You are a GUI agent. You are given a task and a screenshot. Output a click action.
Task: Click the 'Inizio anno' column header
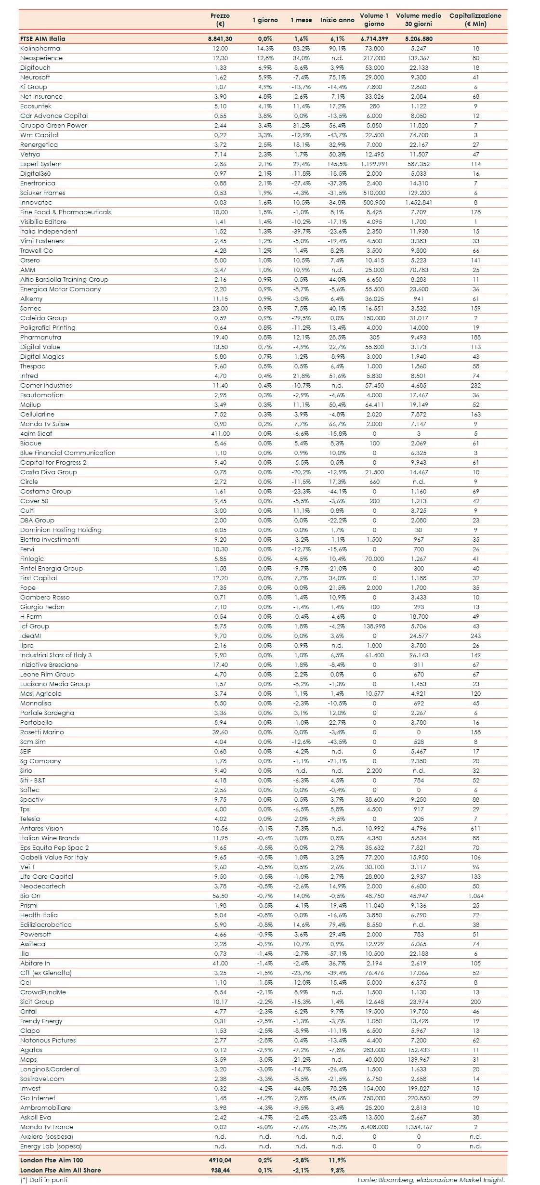tap(337, 20)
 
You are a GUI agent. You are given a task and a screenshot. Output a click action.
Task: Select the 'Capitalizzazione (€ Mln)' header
tap(475, 20)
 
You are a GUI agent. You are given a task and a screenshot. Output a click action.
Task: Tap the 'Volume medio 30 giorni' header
tap(418, 20)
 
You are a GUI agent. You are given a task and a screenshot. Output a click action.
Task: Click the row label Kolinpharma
tap(40, 48)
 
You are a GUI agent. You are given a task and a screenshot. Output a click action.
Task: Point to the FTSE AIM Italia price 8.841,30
tap(220, 39)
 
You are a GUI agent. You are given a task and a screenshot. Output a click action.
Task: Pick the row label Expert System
tap(40, 164)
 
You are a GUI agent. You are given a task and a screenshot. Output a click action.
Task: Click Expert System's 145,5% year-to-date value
tap(337, 164)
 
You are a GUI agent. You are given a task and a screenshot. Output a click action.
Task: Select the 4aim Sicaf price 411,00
tap(220, 433)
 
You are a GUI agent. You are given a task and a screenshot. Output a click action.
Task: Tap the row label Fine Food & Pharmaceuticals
tap(65, 212)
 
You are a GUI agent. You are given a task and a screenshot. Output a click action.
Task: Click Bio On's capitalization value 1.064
tap(475, 896)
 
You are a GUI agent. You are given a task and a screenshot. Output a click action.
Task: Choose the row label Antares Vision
tap(41, 828)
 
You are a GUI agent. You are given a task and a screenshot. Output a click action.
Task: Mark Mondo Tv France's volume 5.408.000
tap(374, 1127)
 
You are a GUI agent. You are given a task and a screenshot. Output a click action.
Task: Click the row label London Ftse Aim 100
tap(51, 1160)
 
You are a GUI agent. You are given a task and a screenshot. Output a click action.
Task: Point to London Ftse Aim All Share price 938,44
tap(220, 1170)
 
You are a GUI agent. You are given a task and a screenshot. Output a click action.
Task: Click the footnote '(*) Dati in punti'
tap(44, 1180)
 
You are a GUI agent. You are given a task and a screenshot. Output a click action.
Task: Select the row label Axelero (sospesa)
tap(46, 1136)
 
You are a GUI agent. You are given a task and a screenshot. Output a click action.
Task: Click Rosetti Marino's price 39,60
tap(220, 732)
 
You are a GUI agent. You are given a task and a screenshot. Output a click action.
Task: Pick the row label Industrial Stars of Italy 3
tap(55, 655)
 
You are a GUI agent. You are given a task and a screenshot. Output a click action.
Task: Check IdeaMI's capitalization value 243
tap(475, 636)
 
